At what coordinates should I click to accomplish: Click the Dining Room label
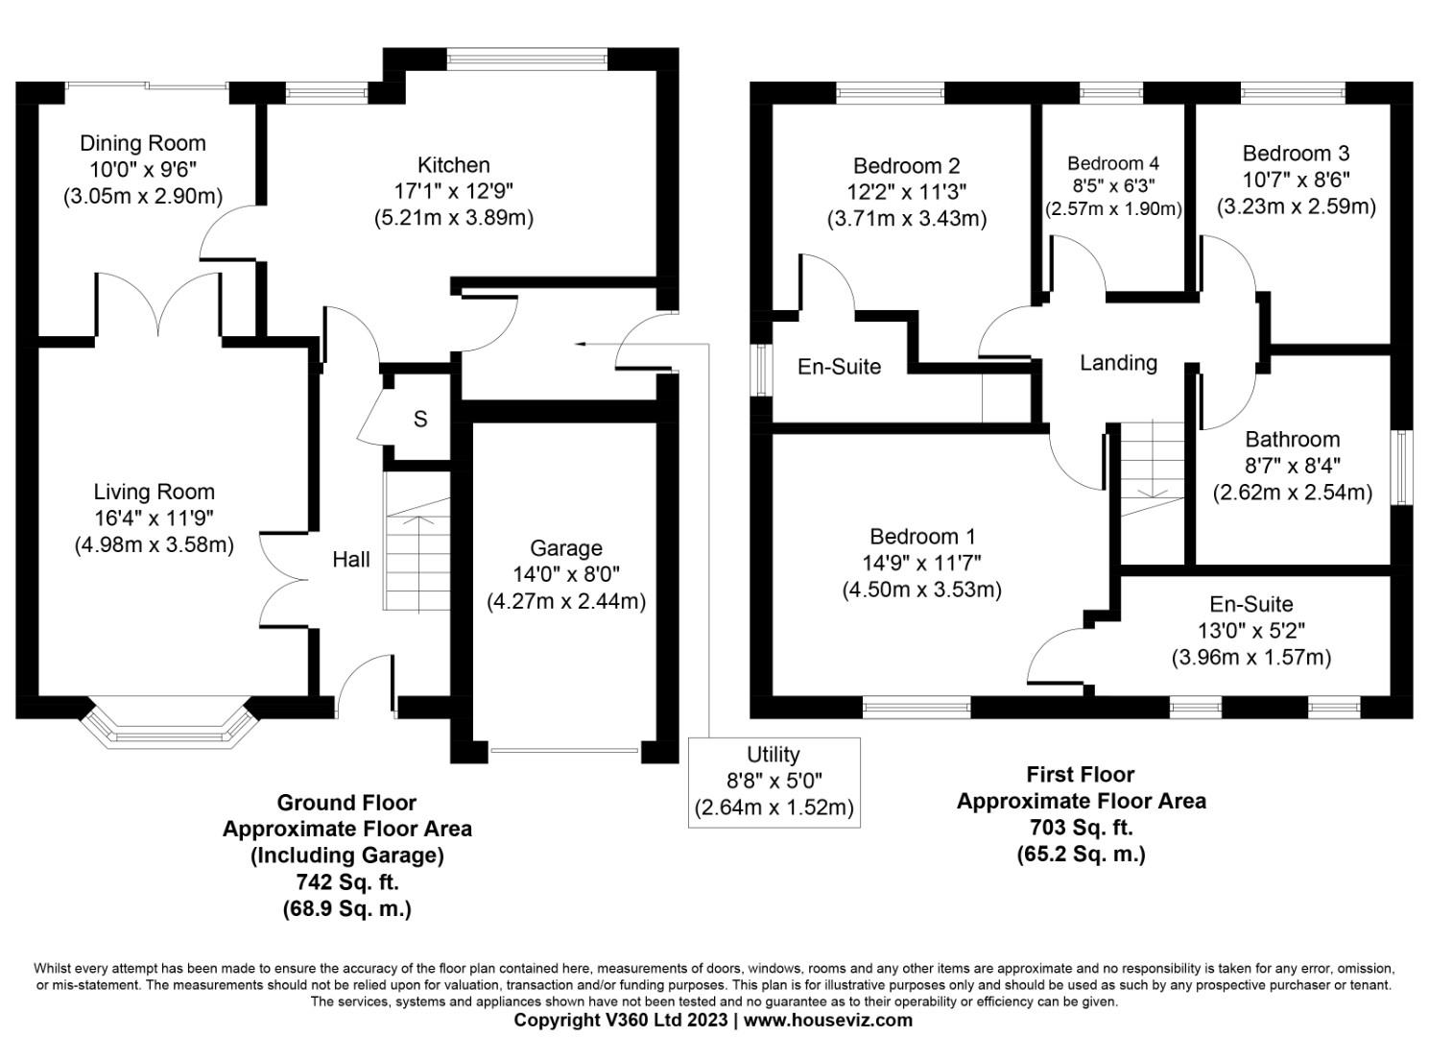point(142,144)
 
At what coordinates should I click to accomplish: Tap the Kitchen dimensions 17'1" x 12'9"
point(453,191)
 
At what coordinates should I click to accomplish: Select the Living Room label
point(154,493)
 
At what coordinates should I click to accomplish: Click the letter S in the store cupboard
point(420,420)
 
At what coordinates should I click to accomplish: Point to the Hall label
point(351,560)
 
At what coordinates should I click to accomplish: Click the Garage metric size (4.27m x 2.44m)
point(565,601)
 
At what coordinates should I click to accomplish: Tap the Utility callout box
point(774,782)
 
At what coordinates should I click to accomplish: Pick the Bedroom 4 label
point(1112,163)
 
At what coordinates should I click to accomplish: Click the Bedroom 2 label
point(906,166)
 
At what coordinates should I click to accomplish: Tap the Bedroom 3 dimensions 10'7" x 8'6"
point(1296,180)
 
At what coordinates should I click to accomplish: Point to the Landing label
point(1118,363)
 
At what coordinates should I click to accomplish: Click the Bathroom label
point(1292,440)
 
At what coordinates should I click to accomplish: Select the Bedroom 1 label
point(921,537)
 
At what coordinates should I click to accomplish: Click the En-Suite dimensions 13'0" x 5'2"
point(1250,631)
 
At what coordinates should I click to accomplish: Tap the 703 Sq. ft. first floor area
point(1081,827)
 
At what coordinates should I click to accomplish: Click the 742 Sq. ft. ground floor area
point(346,881)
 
